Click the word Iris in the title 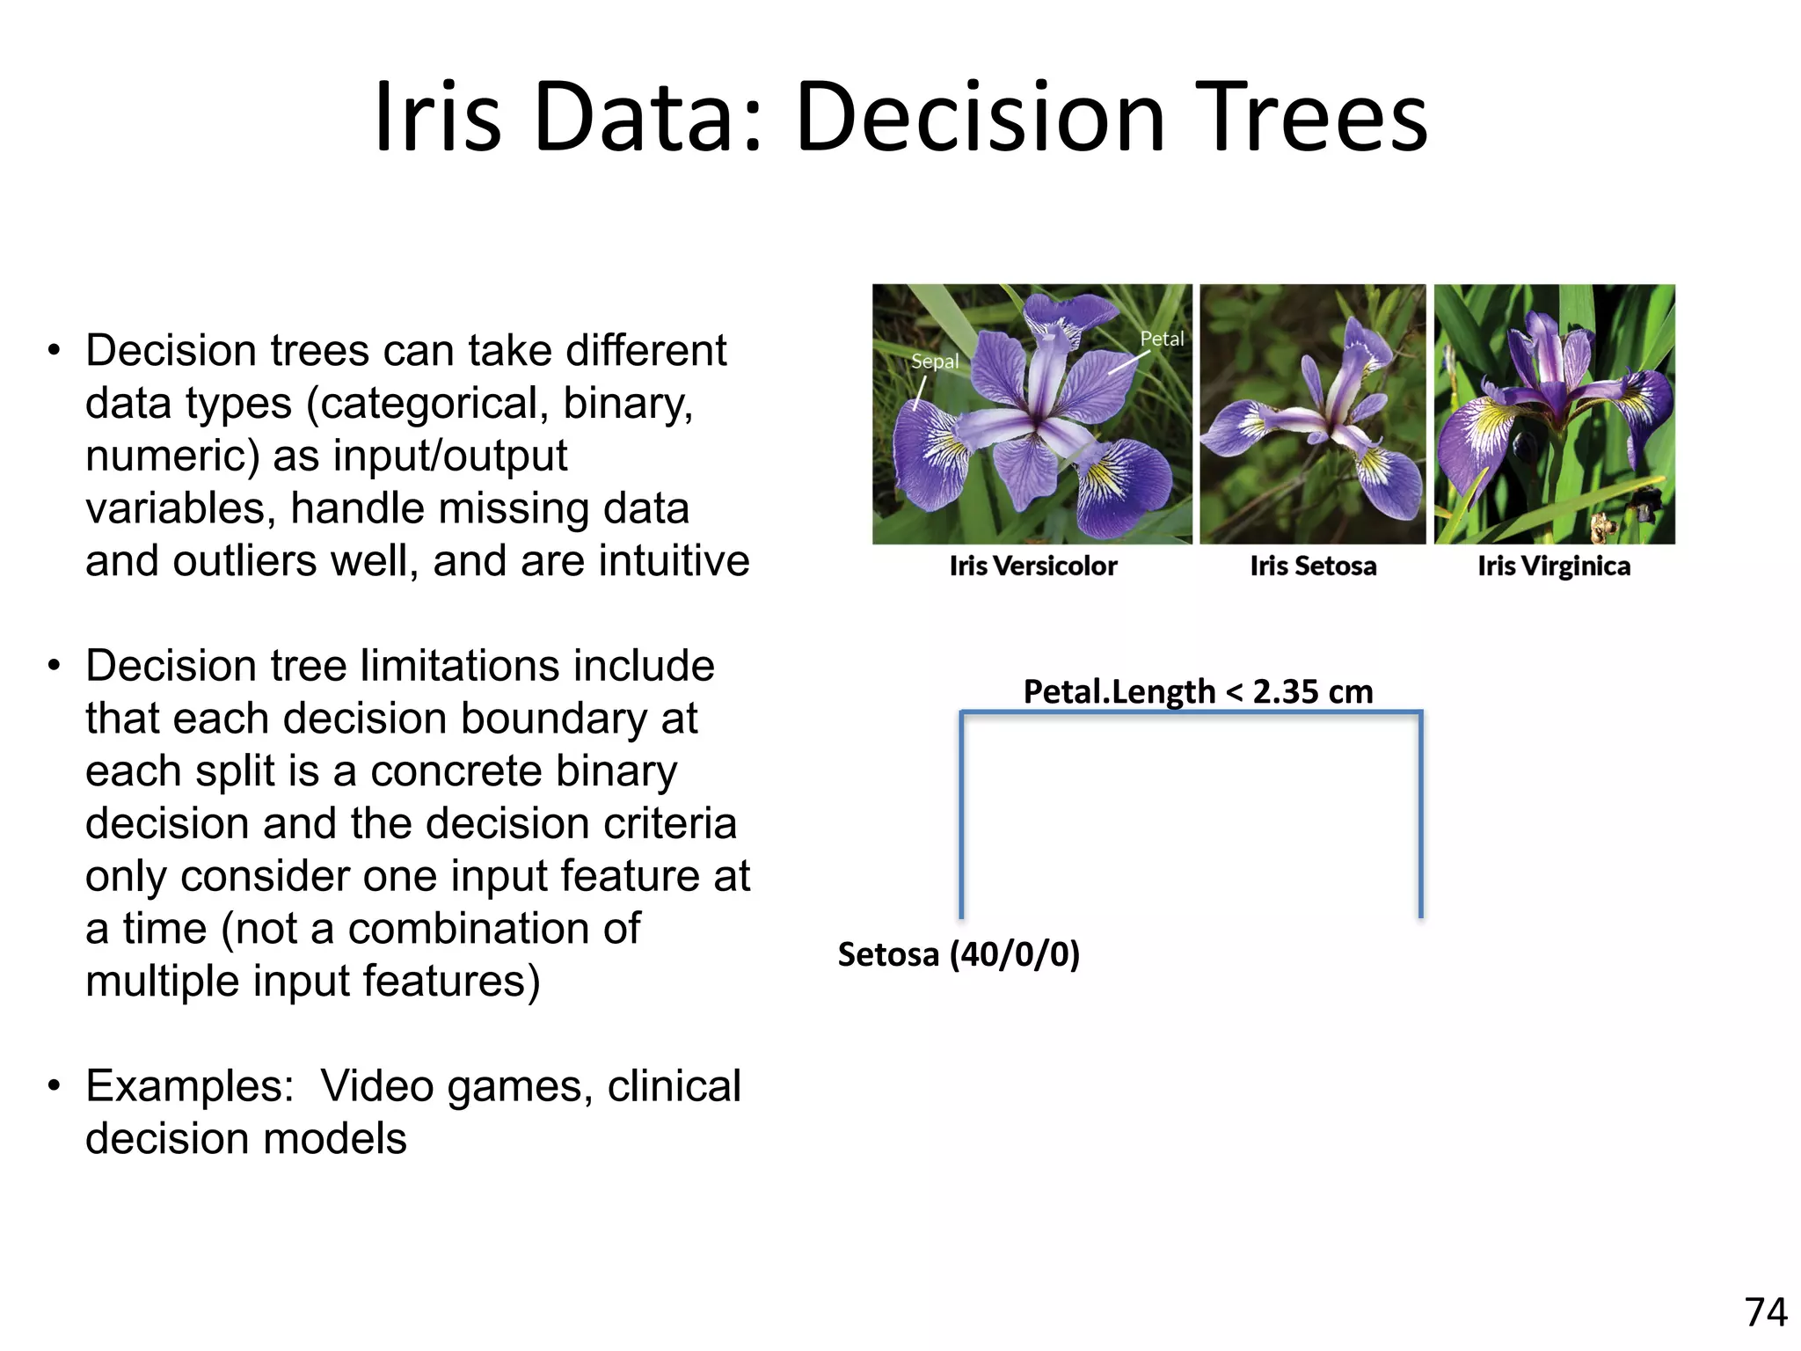click(x=437, y=117)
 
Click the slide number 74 click(x=1766, y=1312)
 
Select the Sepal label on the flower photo click(x=934, y=361)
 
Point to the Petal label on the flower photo click(x=1162, y=339)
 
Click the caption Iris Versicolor click(x=1032, y=566)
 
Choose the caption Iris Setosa click(x=1313, y=566)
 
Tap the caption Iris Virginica click(x=1554, y=566)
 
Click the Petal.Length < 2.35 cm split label click(x=1198, y=691)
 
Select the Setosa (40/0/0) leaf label click(x=959, y=954)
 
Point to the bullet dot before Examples click(x=55, y=1086)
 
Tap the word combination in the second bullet click(x=494, y=929)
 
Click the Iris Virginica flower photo click(x=1554, y=413)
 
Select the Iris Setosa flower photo click(x=1312, y=413)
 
